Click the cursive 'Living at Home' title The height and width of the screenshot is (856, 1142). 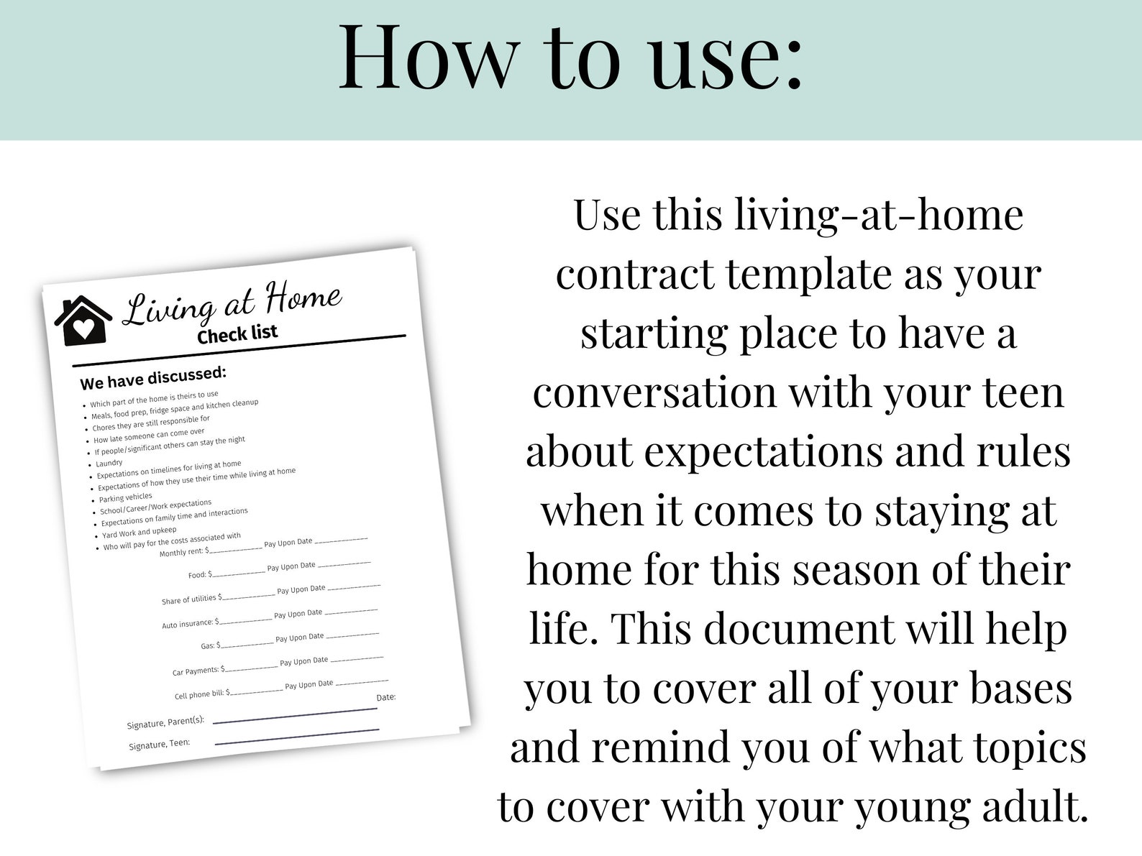tap(232, 304)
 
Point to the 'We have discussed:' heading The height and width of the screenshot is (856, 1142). tap(153, 377)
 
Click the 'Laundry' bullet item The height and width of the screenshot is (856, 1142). tap(109, 464)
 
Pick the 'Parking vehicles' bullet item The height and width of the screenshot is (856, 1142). tap(126, 497)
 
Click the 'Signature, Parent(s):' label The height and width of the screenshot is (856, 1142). tap(165, 722)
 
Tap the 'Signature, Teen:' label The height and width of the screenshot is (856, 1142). tap(160, 744)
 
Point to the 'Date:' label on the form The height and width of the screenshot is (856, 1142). tap(386, 697)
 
